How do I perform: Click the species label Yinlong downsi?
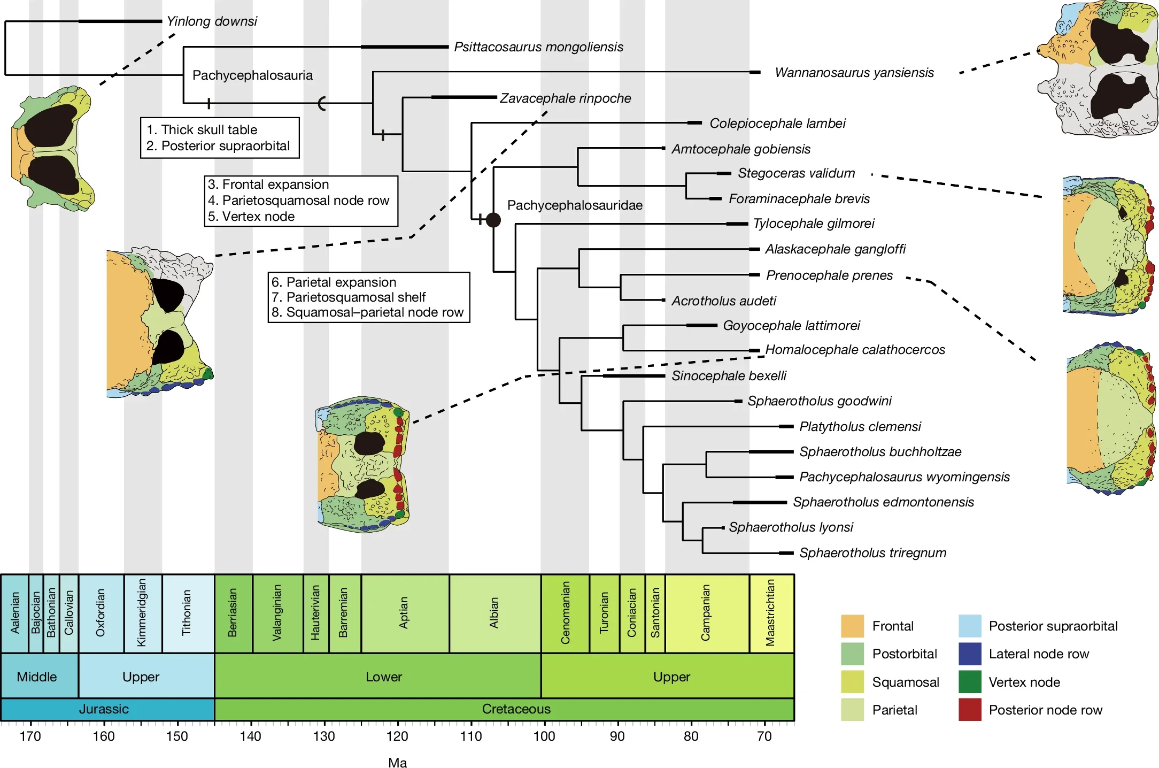click(212, 21)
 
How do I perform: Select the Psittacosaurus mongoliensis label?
click(538, 47)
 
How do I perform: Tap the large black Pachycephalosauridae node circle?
click(493, 220)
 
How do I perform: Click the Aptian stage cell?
click(405, 613)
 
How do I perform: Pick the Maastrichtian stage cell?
click(771, 613)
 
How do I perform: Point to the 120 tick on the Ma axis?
click(397, 736)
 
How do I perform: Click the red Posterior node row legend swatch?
click(970, 710)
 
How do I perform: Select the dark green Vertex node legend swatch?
click(970, 682)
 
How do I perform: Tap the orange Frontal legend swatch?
click(852, 626)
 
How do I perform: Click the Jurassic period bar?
click(104, 709)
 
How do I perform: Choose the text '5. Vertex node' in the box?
click(251, 217)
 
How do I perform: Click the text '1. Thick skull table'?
click(202, 130)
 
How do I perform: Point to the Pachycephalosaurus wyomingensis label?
click(905, 477)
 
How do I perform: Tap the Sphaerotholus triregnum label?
click(872, 553)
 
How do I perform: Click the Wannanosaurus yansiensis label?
click(854, 73)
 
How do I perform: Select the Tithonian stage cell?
click(188, 613)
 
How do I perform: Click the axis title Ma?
click(397, 763)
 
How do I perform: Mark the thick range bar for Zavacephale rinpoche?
click(464, 97)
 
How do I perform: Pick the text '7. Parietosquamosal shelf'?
click(349, 297)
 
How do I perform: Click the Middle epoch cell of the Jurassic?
click(36, 677)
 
